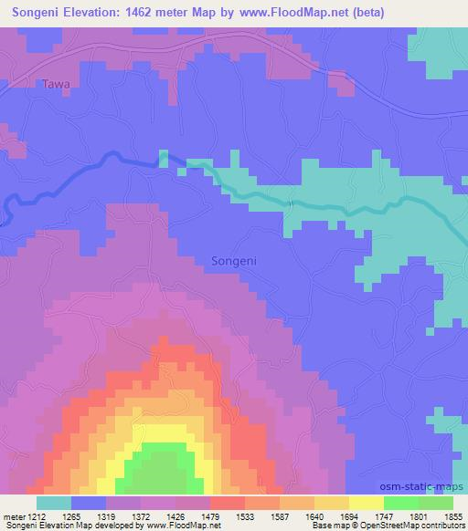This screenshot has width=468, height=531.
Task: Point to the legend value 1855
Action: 452,515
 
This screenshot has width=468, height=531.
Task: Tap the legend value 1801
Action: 418,515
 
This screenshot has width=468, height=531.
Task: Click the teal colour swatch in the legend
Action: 54,503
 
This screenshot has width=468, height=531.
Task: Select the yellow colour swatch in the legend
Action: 366,503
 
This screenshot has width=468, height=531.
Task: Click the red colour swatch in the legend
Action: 227,503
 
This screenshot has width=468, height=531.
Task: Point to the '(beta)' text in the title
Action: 361,13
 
